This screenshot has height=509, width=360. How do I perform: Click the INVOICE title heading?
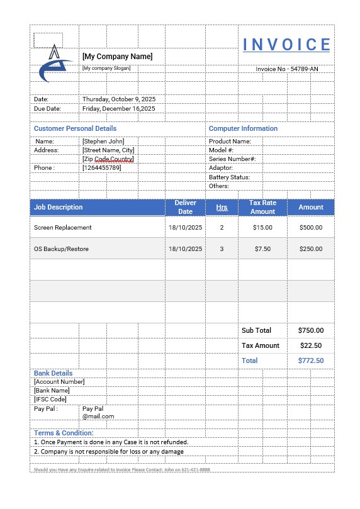(x=286, y=45)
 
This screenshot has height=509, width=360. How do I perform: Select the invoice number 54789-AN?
(x=287, y=69)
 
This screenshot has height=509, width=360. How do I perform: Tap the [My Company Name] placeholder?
(x=117, y=57)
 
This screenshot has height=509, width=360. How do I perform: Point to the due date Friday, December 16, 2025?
(x=118, y=108)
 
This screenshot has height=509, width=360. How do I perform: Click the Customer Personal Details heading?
(x=75, y=128)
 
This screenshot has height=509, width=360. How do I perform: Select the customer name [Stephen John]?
(x=103, y=142)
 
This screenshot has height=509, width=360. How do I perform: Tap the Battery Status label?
(x=229, y=177)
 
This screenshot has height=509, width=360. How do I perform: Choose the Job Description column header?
(x=59, y=207)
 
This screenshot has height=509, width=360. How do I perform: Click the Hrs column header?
(x=222, y=207)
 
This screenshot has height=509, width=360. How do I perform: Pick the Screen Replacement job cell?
(x=63, y=227)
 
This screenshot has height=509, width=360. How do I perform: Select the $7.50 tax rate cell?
(x=262, y=249)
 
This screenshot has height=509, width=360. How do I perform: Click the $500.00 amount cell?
(x=310, y=227)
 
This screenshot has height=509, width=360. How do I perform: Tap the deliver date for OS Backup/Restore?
(x=185, y=249)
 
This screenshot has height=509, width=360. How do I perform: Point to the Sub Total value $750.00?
(x=311, y=330)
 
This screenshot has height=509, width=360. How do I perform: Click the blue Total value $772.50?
(x=311, y=361)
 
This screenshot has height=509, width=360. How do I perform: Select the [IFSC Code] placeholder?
(x=50, y=399)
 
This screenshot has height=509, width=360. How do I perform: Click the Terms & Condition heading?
(x=64, y=433)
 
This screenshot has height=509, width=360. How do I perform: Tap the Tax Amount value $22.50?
(x=311, y=345)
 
